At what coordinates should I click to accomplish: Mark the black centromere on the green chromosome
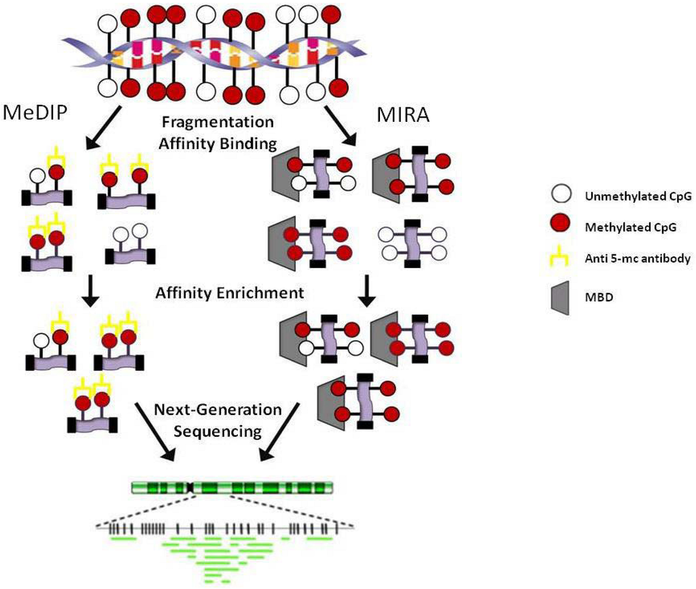[x=192, y=488]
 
